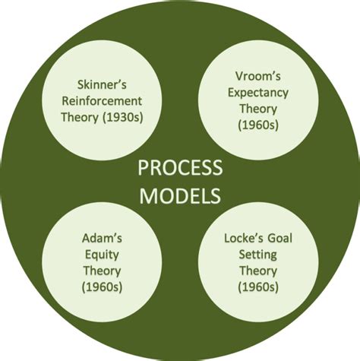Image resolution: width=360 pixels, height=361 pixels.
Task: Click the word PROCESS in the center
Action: pyautogui.click(x=180, y=168)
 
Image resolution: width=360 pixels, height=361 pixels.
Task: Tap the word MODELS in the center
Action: pyautogui.click(x=180, y=196)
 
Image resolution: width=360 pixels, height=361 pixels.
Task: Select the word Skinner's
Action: pyautogui.click(x=102, y=84)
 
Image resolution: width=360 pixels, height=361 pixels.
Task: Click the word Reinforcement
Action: pyautogui.click(x=102, y=101)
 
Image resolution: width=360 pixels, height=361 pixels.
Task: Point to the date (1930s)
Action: pyautogui.click(x=123, y=118)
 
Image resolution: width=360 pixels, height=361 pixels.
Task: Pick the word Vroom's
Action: pyautogui.click(x=258, y=76)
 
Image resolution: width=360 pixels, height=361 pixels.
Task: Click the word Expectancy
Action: pyautogui.click(x=258, y=93)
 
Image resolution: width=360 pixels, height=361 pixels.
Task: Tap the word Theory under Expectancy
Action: pyautogui.click(x=258, y=109)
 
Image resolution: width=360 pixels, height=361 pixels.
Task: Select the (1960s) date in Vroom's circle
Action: pyautogui.click(x=258, y=125)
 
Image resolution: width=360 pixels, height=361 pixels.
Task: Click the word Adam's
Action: pyautogui.click(x=102, y=238)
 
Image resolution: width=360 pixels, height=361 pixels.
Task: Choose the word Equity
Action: pyautogui.click(x=102, y=255)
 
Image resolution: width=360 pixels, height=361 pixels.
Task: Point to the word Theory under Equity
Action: pyautogui.click(x=102, y=271)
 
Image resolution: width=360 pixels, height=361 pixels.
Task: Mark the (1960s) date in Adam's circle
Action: pyautogui.click(x=102, y=287)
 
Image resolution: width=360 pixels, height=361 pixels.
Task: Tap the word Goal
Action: pyautogui.click(x=280, y=238)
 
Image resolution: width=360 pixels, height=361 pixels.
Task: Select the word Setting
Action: pyautogui.click(x=258, y=255)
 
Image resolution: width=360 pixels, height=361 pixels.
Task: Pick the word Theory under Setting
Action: pyautogui.click(x=258, y=271)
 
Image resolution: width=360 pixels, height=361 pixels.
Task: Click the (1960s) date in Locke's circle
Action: pyautogui.click(x=258, y=287)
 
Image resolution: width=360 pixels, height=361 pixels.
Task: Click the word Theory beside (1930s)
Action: pyautogui.click(x=80, y=118)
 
